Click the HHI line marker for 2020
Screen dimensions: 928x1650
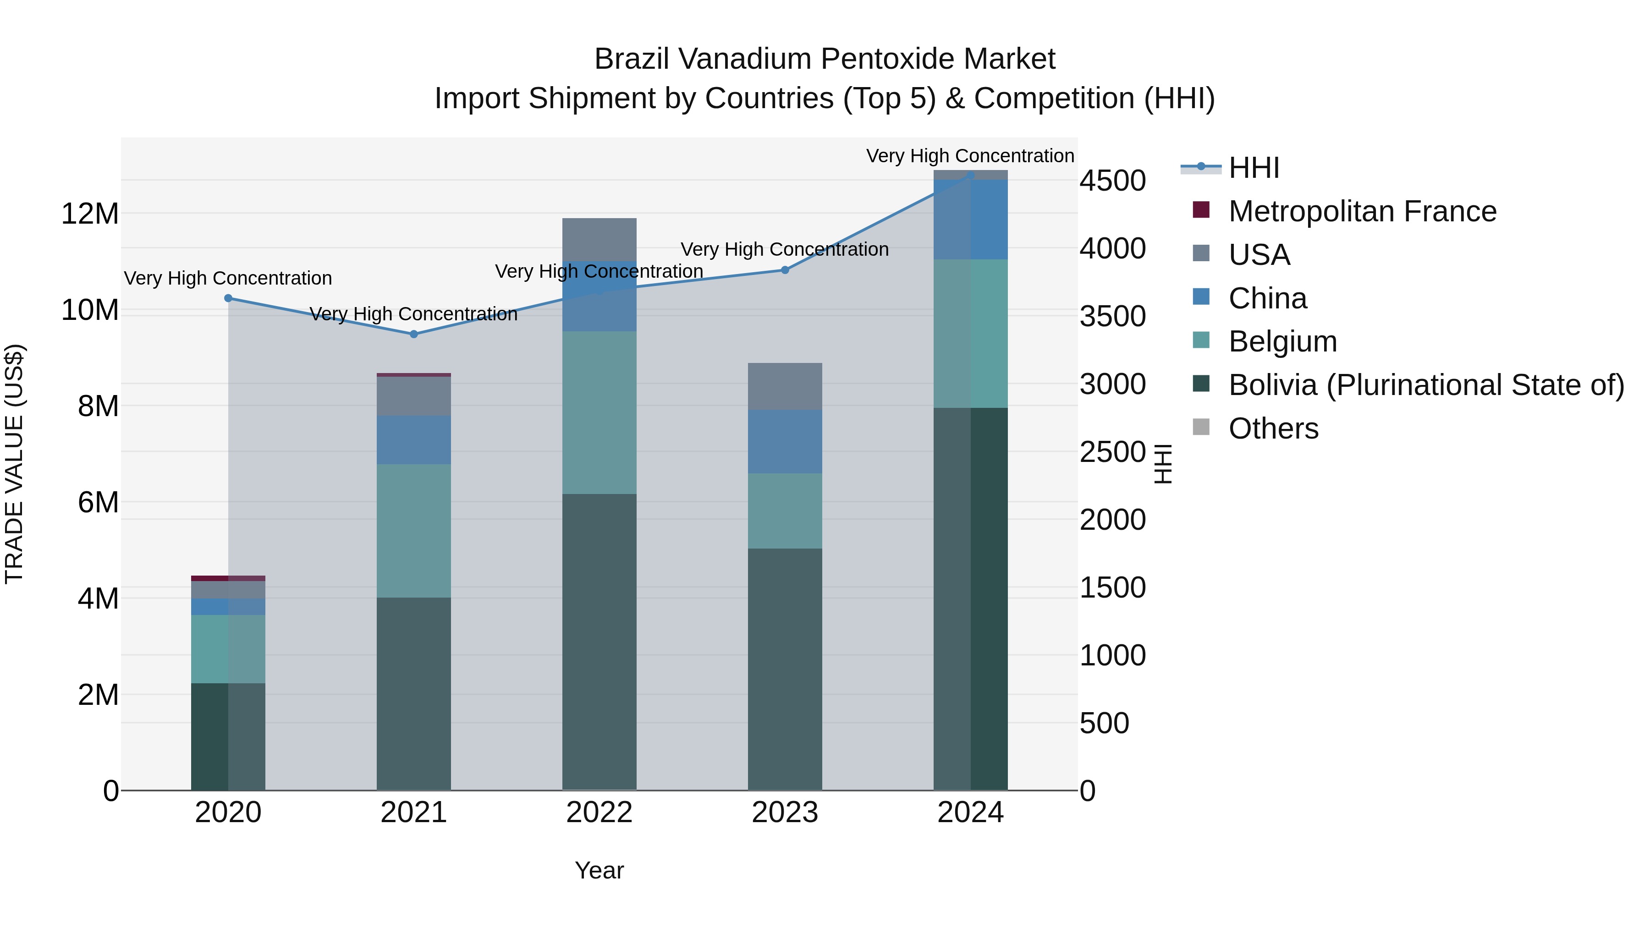click(228, 298)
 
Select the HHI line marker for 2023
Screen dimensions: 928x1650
click(785, 270)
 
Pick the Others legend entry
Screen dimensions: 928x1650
click(1273, 428)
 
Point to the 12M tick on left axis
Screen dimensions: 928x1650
click(90, 213)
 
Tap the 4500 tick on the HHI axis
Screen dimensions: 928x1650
click(1112, 181)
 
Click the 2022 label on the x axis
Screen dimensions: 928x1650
click(599, 813)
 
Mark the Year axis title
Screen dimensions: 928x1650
click(599, 870)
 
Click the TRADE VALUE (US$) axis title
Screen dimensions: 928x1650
click(14, 464)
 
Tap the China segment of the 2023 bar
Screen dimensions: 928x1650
click(785, 441)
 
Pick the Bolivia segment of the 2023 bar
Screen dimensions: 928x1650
click(785, 669)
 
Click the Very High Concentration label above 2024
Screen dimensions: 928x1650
click(970, 156)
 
